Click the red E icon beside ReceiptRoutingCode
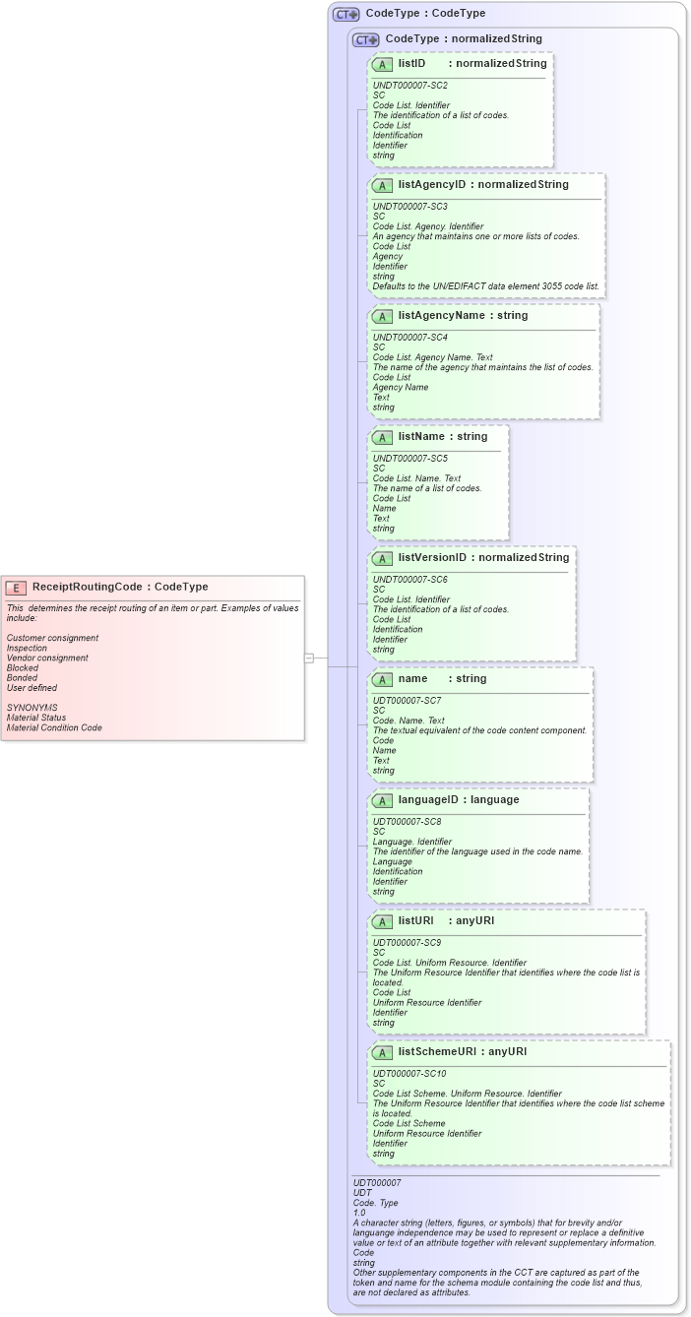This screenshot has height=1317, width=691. coord(17,587)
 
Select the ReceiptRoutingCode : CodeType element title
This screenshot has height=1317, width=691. coord(120,587)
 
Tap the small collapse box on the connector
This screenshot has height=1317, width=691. coord(309,658)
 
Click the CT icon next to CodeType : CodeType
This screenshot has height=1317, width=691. coord(346,14)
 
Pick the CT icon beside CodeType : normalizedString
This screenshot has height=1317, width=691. coord(366,39)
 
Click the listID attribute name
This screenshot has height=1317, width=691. coord(411,63)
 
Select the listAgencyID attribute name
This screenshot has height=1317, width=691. coord(431,184)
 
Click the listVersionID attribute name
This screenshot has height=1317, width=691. coord(432,557)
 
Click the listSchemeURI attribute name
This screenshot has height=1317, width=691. coord(437,1051)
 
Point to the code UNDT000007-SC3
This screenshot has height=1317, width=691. coord(409,207)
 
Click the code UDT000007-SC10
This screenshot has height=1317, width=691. coord(409,1074)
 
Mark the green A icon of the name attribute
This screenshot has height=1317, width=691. coord(383,679)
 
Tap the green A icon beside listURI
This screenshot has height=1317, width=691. coord(383,921)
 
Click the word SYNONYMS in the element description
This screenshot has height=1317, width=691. coord(31,707)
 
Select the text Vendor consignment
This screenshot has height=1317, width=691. coord(47,658)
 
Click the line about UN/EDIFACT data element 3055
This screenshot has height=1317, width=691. coord(485,286)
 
